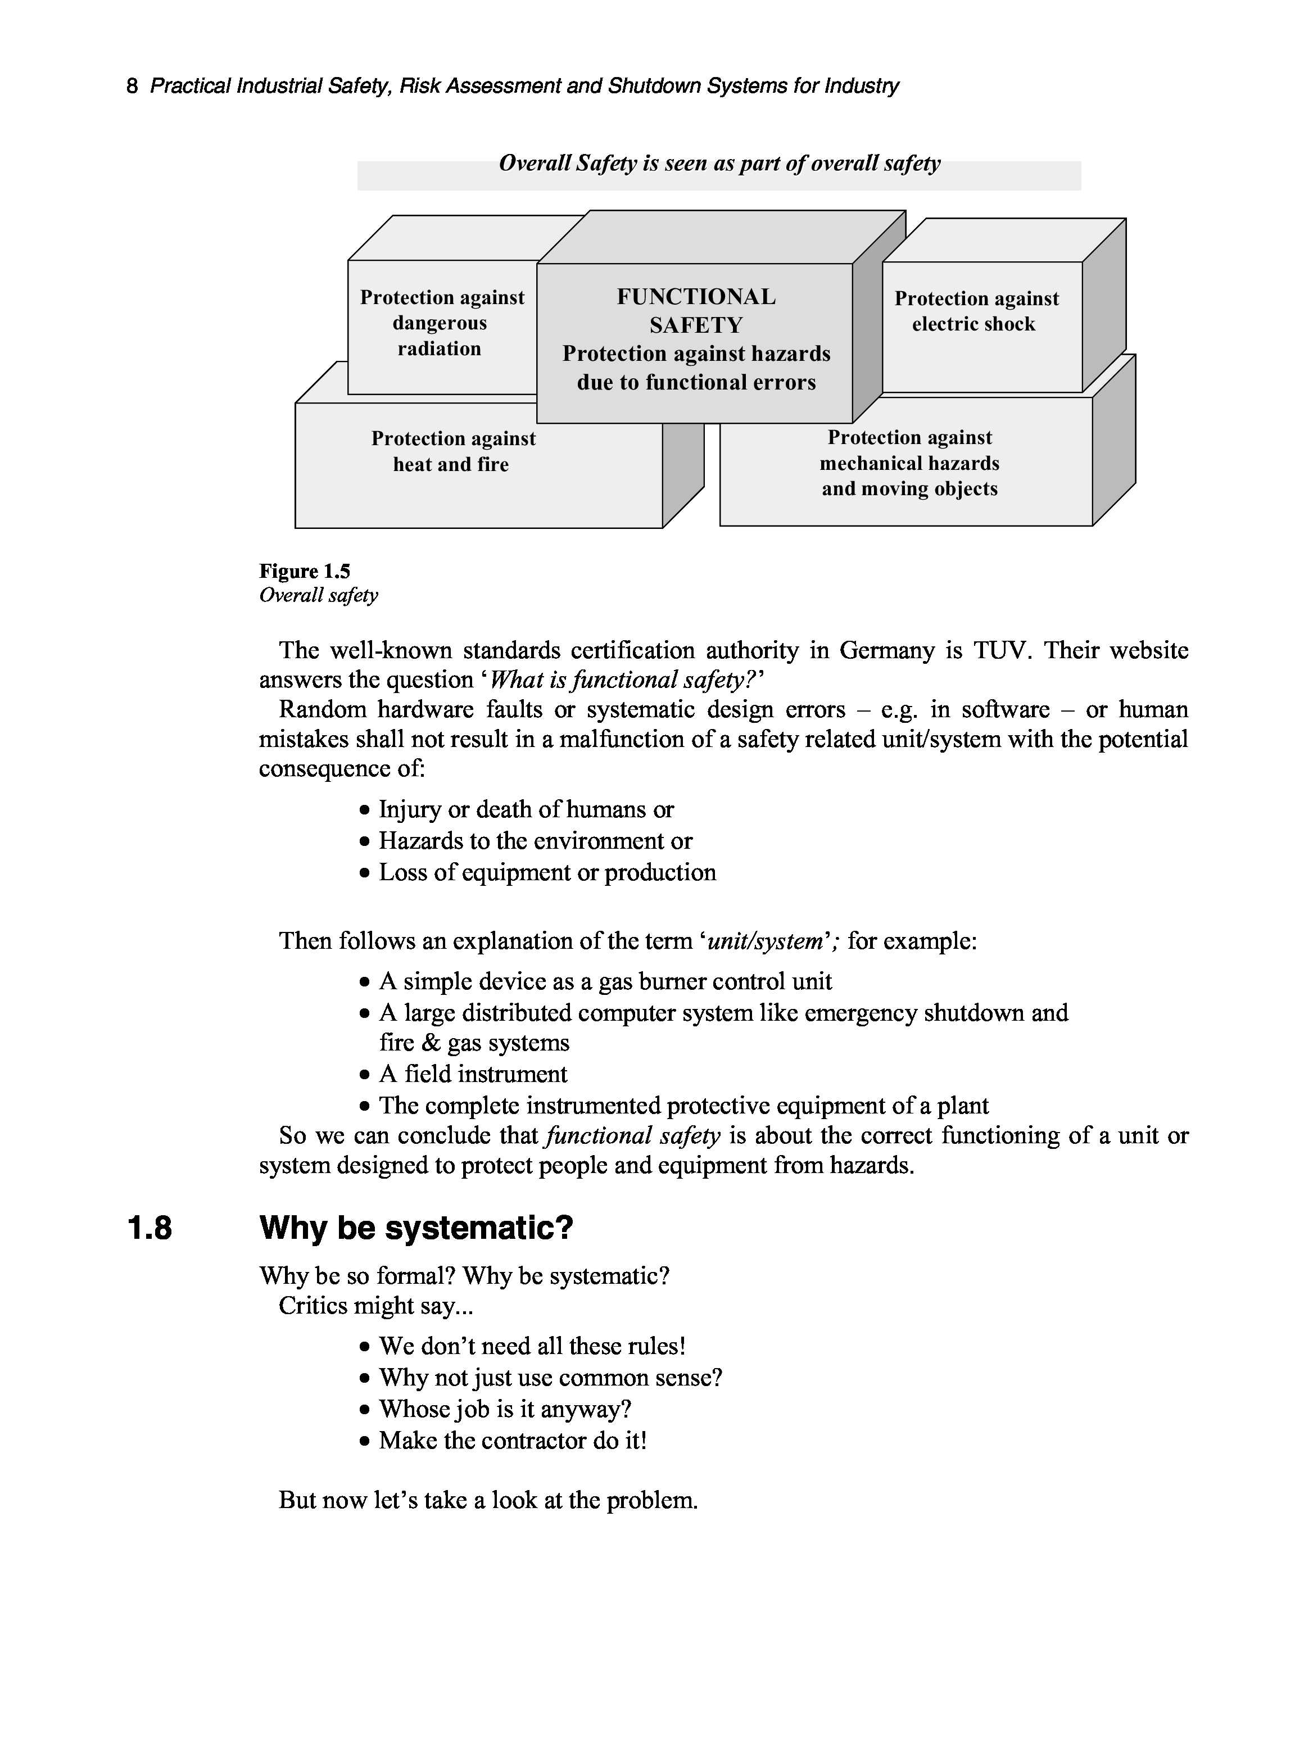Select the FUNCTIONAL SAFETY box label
[695, 310]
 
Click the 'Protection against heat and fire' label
[452, 451]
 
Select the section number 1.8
[149, 1228]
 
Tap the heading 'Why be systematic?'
[416, 1228]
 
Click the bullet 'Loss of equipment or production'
[547, 872]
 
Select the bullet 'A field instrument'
[473, 1074]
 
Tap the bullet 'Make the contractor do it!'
[513, 1441]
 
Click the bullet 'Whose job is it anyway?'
[505, 1410]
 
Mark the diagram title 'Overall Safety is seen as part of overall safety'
[719, 164]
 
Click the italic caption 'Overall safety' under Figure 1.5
[318, 596]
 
